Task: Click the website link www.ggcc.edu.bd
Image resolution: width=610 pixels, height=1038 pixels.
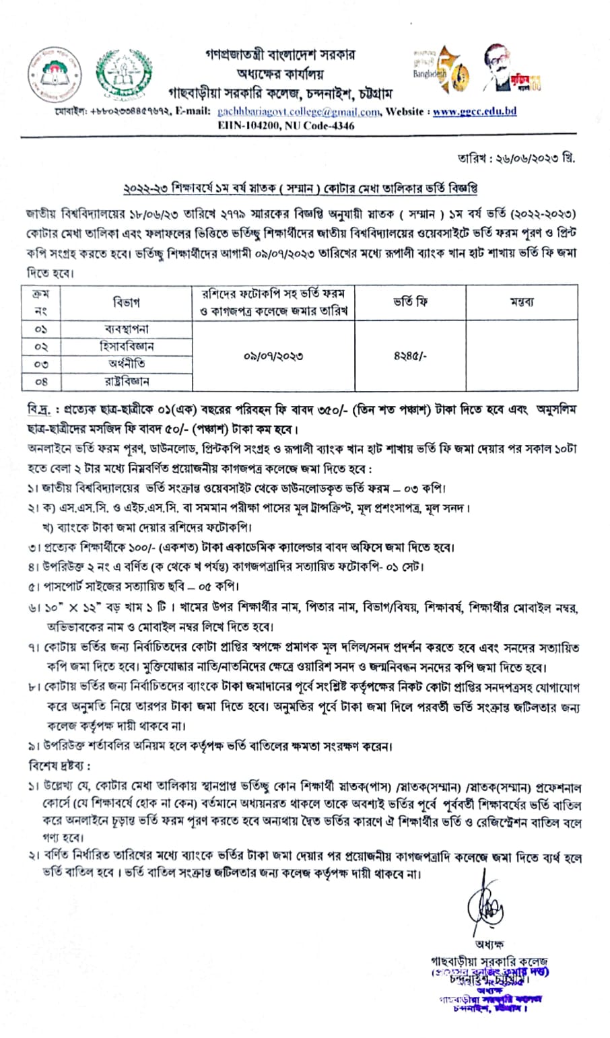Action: click(474, 112)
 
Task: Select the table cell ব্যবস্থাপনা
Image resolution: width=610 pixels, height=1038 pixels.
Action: click(126, 328)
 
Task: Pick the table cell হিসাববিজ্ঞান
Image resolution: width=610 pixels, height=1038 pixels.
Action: click(126, 346)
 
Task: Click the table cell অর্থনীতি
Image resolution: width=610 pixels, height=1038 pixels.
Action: click(126, 364)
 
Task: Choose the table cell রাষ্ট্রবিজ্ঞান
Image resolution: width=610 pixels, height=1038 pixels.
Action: click(126, 381)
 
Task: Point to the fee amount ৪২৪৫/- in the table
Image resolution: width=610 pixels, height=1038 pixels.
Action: click(410, 355)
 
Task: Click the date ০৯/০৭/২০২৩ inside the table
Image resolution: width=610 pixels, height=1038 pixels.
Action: click(273, 355)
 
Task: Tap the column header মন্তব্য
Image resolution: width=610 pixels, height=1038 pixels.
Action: click(522, 302)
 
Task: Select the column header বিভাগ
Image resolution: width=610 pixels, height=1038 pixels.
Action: click(126, 302)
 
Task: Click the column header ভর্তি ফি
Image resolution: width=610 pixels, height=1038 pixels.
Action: click(410, 302)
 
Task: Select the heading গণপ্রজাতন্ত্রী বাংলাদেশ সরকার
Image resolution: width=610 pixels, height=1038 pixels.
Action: click(281, 55)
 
